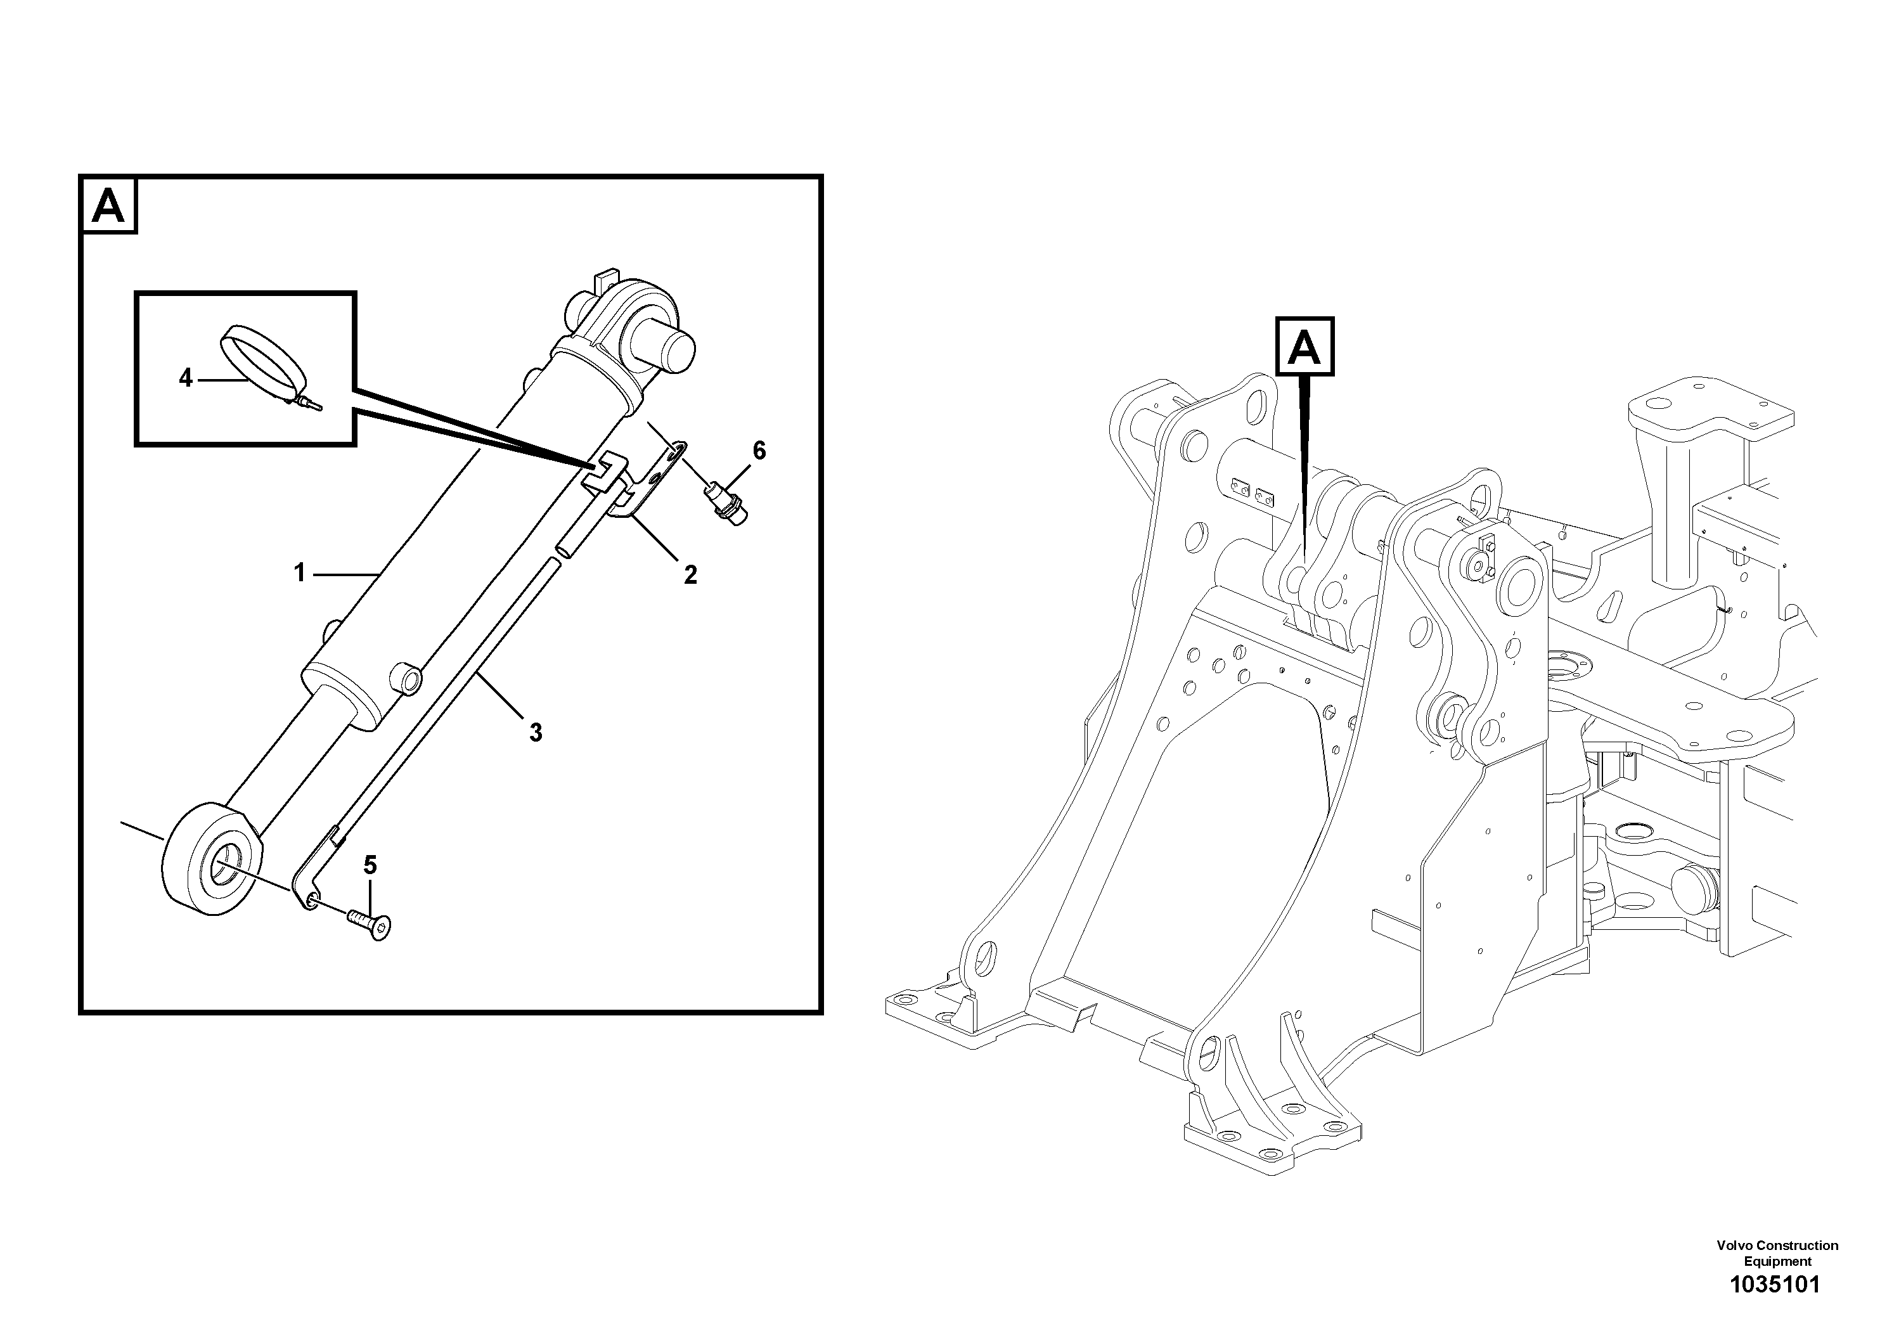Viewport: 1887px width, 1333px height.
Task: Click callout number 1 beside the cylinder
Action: click(x=300, y=573)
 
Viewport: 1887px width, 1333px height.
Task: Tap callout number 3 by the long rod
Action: click(x=536, y=732)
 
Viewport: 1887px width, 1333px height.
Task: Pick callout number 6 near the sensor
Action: click(x=759, y=451)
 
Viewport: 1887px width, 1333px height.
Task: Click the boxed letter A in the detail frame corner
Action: click(x=108, y=205)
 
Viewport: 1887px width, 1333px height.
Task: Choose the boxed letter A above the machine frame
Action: click(x=1304, y=347)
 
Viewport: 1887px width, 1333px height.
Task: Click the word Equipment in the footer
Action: click(x=1778, y=1261)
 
